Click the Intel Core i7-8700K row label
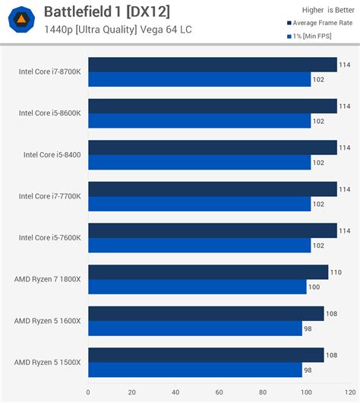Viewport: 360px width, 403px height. click(x=50, y=72)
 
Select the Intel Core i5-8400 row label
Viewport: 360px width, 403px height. click(x=52, y=154)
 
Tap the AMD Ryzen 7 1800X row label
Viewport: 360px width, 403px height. click(x=47, y=279)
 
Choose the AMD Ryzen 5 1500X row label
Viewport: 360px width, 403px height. click(x=47, y=362)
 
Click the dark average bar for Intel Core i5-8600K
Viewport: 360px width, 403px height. click(x=212, y=106)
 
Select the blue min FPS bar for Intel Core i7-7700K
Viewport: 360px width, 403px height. click(x=199, y=204)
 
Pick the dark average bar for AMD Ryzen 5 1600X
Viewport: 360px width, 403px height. click(x=206, y=313)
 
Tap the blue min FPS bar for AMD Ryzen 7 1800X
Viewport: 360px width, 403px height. click(x=197, y=287)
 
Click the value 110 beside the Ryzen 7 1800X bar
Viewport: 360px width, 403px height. click(x=336, y=272)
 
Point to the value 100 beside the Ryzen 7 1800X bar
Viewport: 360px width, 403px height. click(x=314, y=287)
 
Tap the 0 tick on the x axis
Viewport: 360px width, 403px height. click(x=88, y=392)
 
